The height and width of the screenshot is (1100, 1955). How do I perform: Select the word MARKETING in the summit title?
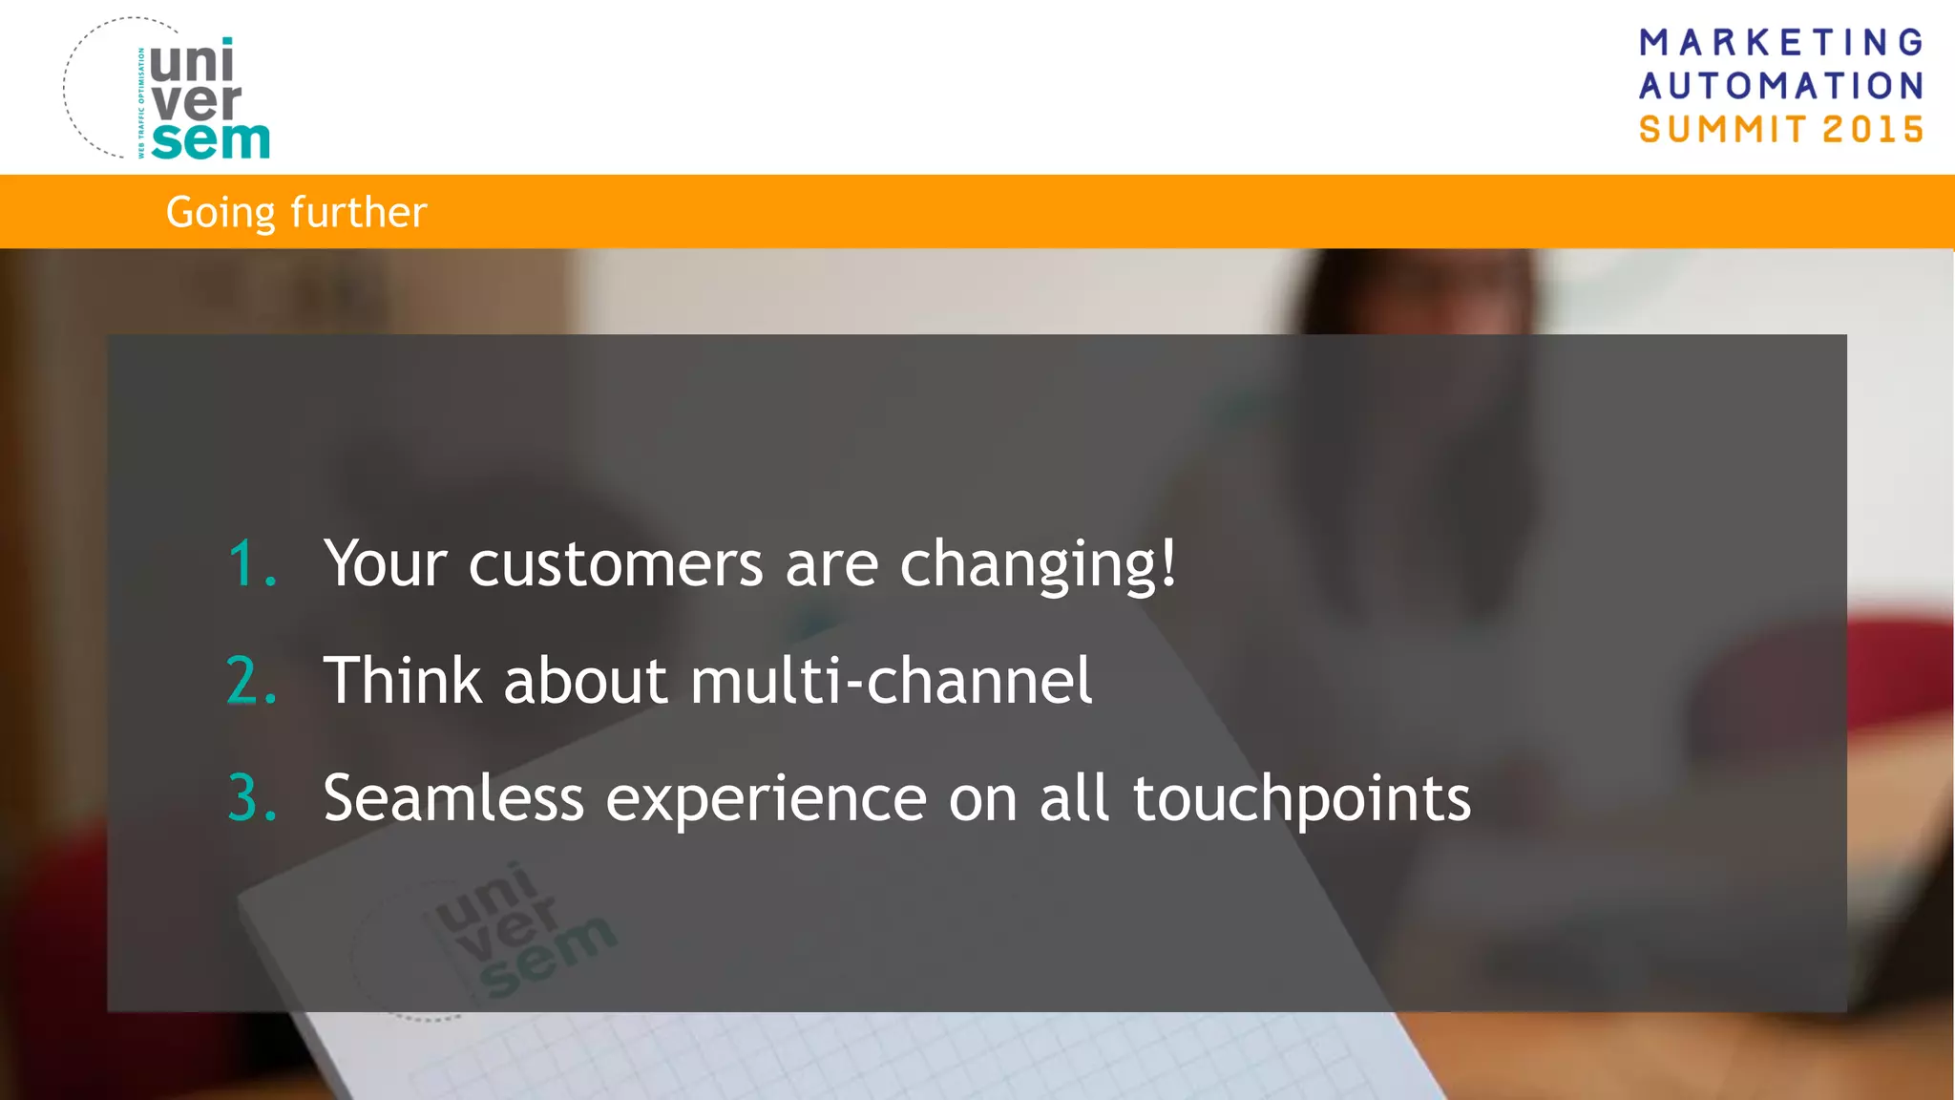[1781, 42]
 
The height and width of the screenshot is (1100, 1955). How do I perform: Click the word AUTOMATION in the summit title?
[1781, 86]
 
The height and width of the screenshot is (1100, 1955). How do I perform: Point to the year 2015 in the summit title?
[1873, 129]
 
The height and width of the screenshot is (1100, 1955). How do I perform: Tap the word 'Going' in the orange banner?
[221, 213]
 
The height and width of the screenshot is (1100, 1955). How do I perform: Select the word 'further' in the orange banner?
[359, 212]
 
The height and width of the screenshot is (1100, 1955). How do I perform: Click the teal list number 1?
[250, 563]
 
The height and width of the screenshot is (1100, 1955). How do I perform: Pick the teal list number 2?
[250, 681]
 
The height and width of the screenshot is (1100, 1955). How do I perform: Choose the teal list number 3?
[250, 798]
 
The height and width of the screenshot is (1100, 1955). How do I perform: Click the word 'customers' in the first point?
[616, 563]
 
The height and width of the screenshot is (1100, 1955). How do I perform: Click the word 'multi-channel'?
[891, 681]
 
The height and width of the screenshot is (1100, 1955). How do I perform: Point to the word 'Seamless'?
[453, 798]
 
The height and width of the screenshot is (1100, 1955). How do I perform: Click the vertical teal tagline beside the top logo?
[141, 103]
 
